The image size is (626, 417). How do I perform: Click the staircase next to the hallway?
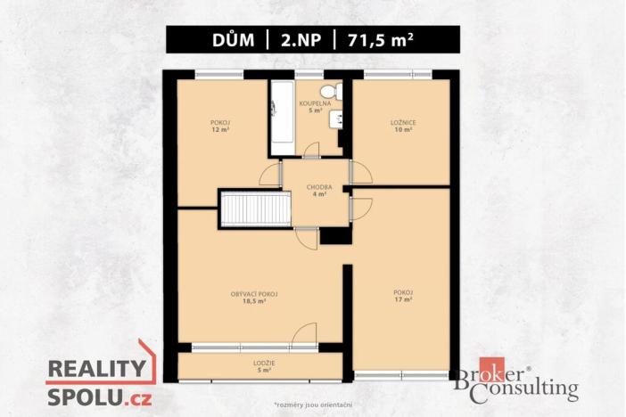[256, 209]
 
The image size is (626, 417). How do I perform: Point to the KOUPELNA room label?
[314, 103]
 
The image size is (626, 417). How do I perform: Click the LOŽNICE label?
[402, 121]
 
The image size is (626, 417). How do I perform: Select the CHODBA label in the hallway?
[318, 187]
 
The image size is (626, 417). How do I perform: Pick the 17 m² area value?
[402, 300]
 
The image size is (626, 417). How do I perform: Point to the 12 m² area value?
[220, 129]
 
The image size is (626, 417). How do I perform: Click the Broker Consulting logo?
[514, 384]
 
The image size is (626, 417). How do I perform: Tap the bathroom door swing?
[311, 151]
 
